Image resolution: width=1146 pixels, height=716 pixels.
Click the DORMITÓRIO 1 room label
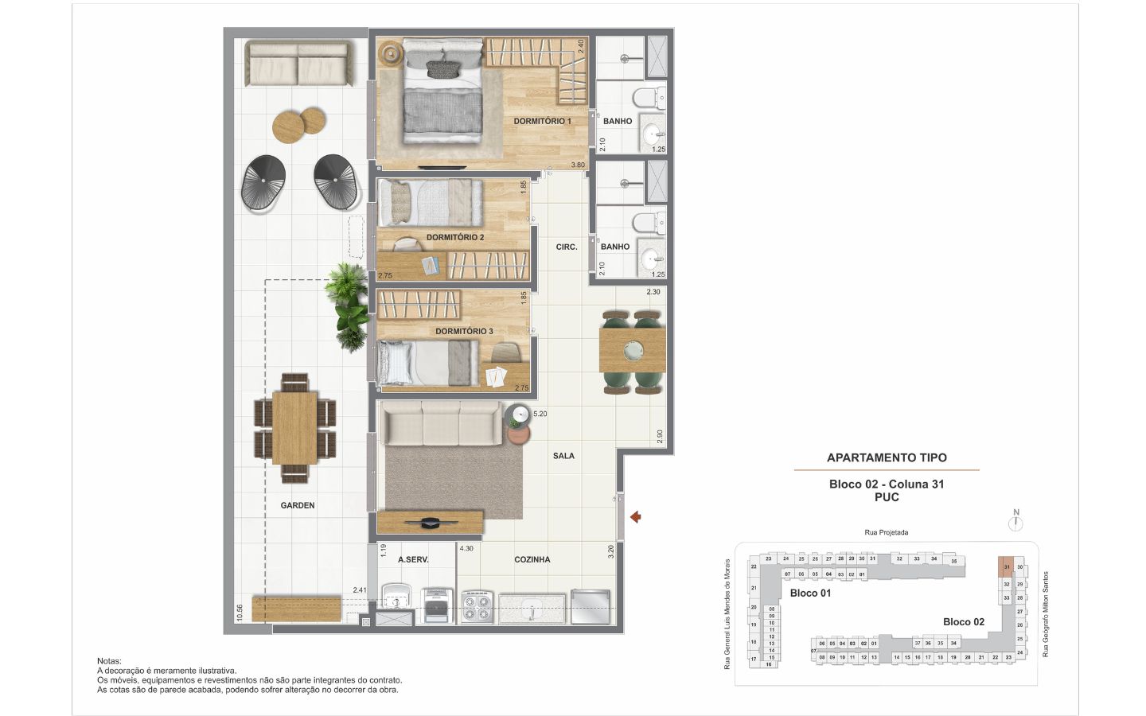(x=542, y=121)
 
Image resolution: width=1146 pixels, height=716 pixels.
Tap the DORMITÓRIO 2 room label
(x=454, y=237)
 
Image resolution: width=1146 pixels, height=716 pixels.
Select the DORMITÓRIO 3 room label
(x=464, y=331)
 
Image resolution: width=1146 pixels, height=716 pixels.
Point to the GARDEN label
(x=298, y=505)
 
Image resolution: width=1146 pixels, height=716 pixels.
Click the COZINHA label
(x=532, y=559)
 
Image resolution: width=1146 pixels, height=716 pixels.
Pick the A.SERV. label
(x=413, y=559)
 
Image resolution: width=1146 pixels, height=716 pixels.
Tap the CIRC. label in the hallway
(x=567, y=247)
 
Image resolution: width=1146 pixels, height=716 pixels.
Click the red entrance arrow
(x=635, y=518)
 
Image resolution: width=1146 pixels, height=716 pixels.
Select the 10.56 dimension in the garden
(x=239, y=612)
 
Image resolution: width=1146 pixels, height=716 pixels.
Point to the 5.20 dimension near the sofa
(x=540, y=414)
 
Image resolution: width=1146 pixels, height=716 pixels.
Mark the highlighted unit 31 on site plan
(x=1007, y=567)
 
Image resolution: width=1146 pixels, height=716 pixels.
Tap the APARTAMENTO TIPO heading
(x=887, y=457)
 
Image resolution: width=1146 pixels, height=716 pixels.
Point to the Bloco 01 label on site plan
(x=810, y=593)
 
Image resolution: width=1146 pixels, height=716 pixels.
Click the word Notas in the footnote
(x=109, y=661)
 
